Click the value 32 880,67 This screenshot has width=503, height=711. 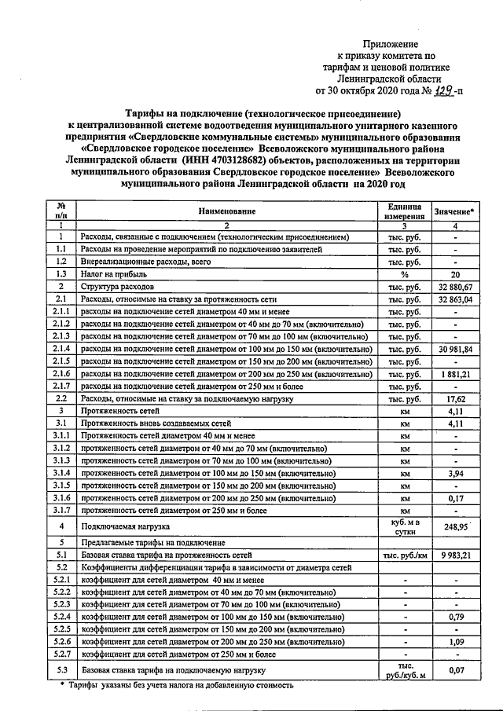[455, 287]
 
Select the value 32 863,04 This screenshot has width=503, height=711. [455, 299]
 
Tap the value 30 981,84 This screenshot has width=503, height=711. [455, 349]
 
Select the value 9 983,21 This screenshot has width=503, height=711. [455, 555]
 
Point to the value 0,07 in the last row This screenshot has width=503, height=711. [456, 670]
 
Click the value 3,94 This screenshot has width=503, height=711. [456, 473]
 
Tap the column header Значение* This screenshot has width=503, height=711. [455, 211]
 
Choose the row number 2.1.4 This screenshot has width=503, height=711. [61, 349]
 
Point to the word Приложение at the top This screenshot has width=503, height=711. [390, 44]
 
